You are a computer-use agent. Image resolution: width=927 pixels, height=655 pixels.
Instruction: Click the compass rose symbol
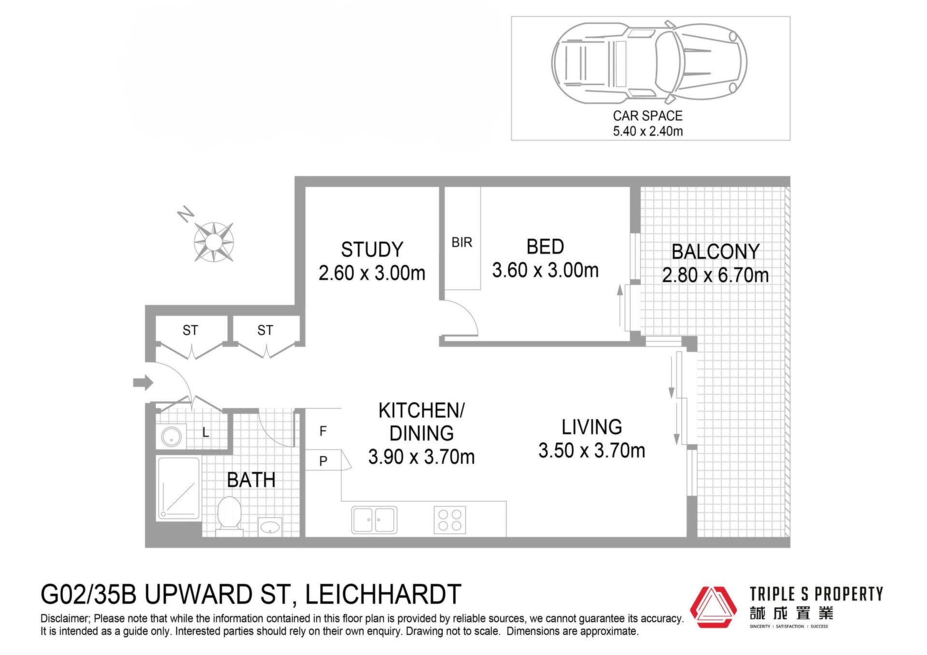click(213, 241)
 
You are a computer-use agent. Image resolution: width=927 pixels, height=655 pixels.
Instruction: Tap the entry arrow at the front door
click(143, 383)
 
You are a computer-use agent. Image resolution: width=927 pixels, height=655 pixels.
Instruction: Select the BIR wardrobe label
click(462, 242)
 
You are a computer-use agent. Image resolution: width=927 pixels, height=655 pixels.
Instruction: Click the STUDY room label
click(372, 250)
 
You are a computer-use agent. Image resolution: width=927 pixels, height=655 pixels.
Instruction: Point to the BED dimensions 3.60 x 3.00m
click(545, 270)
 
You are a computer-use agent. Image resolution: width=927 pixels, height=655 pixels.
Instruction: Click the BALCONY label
click(716, 251)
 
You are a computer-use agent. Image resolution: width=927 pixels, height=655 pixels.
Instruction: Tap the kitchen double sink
click(374, 519)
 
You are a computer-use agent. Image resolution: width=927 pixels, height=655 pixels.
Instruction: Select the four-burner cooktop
click(449, 520)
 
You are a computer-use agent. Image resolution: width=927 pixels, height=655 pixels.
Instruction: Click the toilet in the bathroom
click(229, 516)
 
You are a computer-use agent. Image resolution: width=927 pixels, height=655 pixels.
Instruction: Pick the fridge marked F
click(323, 430)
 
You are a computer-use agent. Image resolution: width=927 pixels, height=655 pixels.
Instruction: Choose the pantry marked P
click(323, 461)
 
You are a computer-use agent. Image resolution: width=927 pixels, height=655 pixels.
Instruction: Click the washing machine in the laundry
click(171, 437)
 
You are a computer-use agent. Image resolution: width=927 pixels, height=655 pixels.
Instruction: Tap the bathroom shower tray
click(178, 488)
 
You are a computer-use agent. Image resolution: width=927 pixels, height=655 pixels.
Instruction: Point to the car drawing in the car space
click(649, 62)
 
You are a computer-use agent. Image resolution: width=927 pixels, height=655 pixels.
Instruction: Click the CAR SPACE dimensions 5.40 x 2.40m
click(647, 131)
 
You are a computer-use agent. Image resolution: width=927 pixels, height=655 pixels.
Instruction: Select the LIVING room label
click(591, 427)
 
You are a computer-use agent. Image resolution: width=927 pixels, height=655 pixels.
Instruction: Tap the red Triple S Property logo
click(713, 607)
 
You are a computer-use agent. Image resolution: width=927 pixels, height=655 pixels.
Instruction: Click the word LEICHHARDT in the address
click(383, 594)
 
